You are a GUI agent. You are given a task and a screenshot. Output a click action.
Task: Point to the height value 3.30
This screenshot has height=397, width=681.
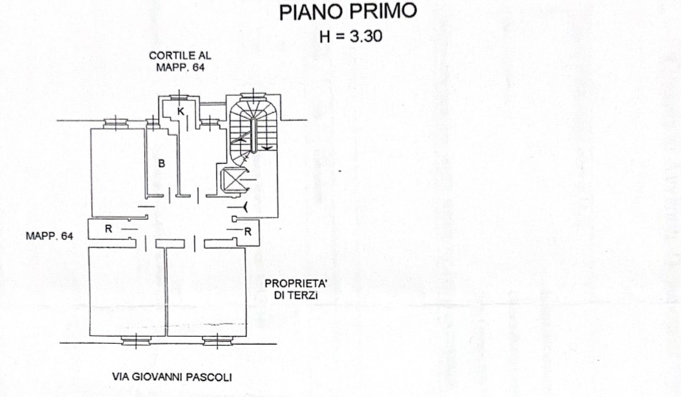366,36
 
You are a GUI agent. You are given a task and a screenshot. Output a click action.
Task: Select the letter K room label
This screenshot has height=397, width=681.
181,112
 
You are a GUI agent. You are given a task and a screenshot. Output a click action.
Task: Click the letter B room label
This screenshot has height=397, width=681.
162,163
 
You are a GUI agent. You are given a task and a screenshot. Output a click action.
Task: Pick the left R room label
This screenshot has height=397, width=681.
109,228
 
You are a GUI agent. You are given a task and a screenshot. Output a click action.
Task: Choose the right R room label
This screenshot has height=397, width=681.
248,232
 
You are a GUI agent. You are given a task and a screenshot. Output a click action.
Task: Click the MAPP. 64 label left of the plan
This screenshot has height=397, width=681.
49,236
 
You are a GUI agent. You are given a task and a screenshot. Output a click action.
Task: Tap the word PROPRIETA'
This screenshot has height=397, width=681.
296,283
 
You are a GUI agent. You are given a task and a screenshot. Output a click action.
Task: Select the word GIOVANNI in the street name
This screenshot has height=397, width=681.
157,377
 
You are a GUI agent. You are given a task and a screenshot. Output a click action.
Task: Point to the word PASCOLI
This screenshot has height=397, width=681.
210,377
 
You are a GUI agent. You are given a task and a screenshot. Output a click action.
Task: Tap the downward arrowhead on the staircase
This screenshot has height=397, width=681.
267,149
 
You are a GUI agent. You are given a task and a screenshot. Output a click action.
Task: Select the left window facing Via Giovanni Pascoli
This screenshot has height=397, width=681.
136,341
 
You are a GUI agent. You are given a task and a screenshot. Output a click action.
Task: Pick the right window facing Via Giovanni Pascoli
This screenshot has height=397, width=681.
217,341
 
